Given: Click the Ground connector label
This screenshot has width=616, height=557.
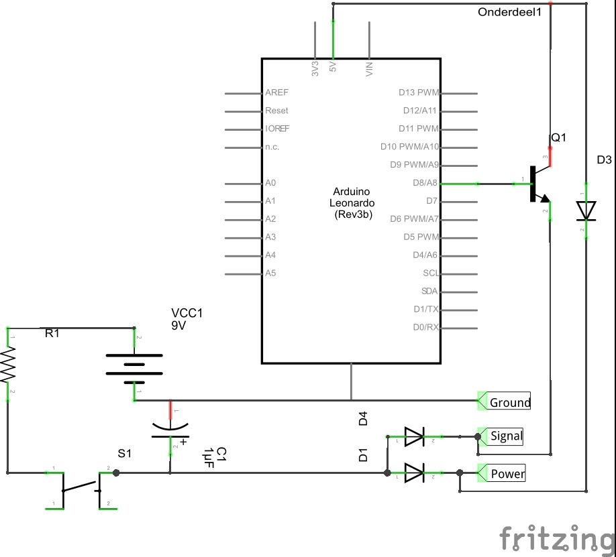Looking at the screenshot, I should [509, 402].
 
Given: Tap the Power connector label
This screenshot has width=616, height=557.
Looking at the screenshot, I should [507, 474].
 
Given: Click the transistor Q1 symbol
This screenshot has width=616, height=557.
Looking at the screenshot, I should [537, 184].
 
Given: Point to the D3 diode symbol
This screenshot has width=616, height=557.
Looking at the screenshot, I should [586, 210].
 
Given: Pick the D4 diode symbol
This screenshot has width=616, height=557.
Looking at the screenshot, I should [414, 437].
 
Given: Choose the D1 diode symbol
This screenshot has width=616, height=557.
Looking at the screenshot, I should [414, 473].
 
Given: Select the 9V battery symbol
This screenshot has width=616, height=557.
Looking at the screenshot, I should [134, 365].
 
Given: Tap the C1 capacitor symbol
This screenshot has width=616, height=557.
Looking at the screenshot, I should [170, 430].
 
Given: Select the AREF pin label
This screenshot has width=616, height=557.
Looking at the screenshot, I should [276, 93].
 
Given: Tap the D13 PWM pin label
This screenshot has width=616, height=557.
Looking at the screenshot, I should [419, 93].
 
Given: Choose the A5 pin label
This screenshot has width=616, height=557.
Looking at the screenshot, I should [270, 273].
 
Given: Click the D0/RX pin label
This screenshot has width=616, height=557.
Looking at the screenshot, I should [425, 328].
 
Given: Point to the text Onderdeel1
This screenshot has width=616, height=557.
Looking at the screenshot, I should [509, 12].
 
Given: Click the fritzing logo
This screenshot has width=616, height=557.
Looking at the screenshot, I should [558, 538].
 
